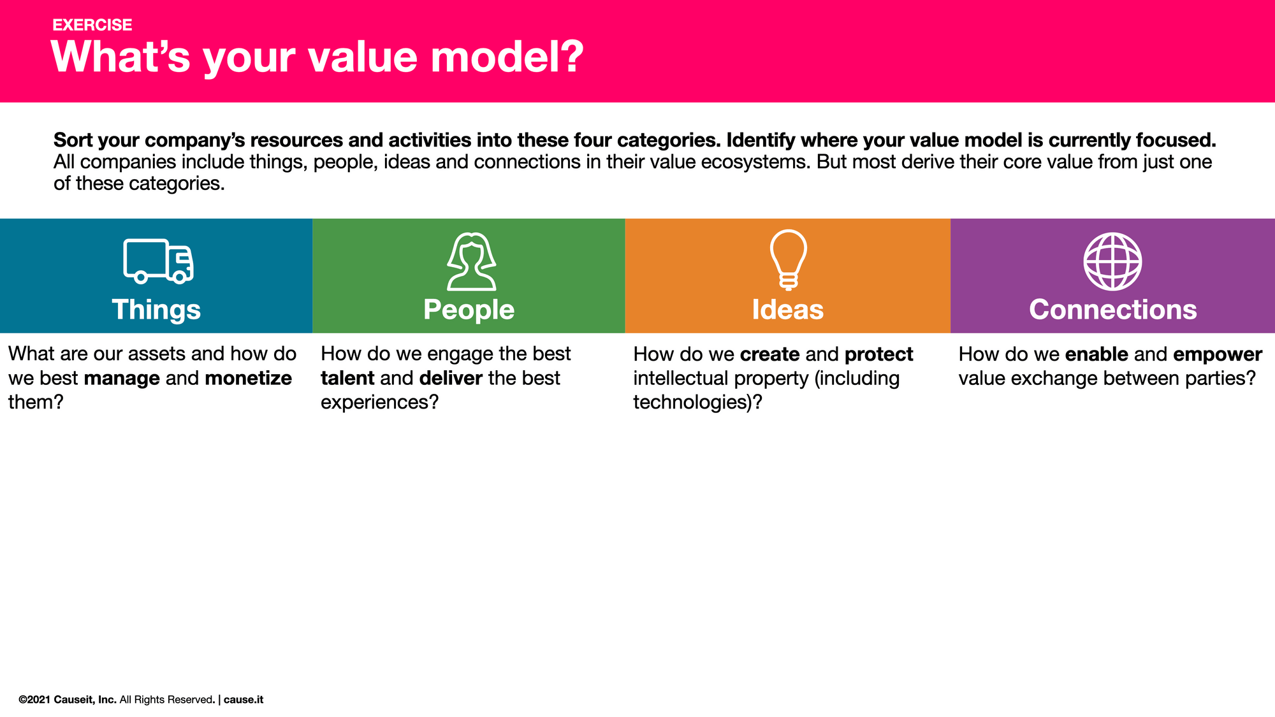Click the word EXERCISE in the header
point(92,25)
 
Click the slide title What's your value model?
point(317,57)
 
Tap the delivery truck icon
point(158,261)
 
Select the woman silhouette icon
point(471,261)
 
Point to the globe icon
point(1112,261)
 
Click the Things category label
point(156,310)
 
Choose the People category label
point(469,310)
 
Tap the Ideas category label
point(787,310)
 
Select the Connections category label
point(1112,310)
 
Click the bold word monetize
point(248,379)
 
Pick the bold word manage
point(122,379)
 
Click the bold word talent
point(347,379)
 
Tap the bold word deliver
point(451,379)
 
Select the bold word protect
point(878,354)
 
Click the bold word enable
point(1096,354)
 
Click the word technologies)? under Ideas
point(697,402)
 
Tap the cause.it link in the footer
point(244,700)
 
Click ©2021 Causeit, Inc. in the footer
point(68,700)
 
